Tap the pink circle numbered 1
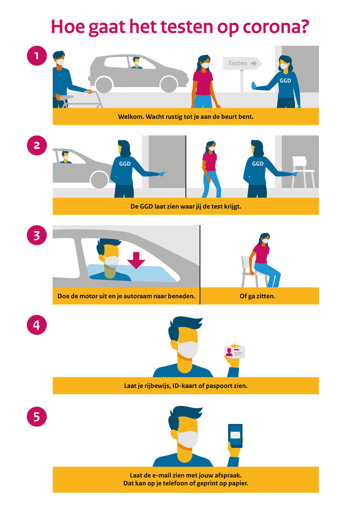point(37,55)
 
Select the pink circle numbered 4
point(37,325)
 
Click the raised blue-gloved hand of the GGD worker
point(254,86)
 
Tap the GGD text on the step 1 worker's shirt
point(285,81)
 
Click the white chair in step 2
point(303,172)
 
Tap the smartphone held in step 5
point(236,436)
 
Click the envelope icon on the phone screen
point(235,435)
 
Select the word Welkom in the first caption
point(131,117)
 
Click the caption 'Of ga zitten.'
point(257,296)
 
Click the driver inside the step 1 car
point(136,63)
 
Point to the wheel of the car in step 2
point(99,179)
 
